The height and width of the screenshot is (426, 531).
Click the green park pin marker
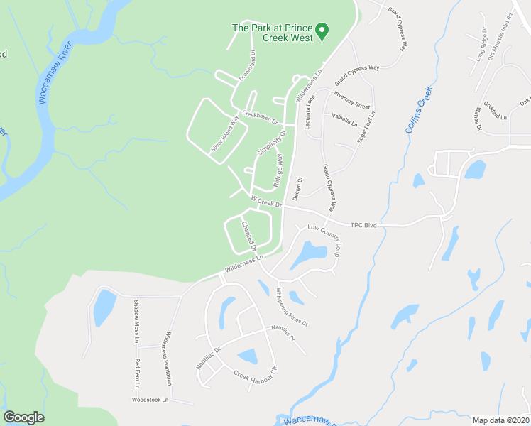(322, 31)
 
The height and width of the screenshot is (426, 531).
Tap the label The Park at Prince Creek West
(273, 33)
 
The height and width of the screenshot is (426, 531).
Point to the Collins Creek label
(419, 110)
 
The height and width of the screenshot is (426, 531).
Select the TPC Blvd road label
(363, 225)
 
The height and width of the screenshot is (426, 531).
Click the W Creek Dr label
(266, 202)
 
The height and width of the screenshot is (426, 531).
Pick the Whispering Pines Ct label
(292, 306)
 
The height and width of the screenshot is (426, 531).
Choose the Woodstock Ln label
(150, 400)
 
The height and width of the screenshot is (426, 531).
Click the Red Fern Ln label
(138, 373)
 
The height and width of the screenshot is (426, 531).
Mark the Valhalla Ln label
(344, 119)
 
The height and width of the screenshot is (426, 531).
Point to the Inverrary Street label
(353, 99)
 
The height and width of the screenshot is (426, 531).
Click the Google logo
(23, 417)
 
